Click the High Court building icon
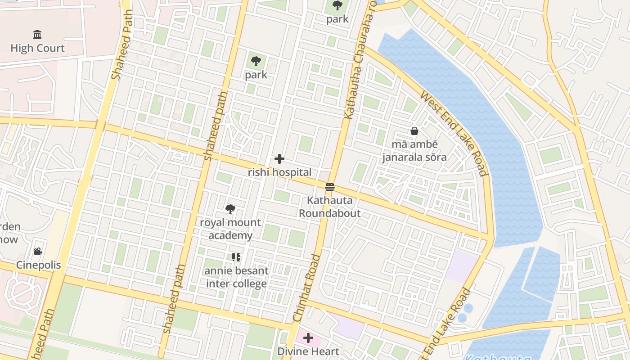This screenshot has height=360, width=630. pos(37,35)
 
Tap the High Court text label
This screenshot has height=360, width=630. pos(37,48)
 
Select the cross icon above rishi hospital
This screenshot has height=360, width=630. pos(279,159)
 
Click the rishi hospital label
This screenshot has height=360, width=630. pos(279,172)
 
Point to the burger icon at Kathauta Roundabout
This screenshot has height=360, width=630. pos(330,187)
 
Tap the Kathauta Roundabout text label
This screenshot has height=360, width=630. pos(330,207)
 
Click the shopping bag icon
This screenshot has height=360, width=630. pos(414,131)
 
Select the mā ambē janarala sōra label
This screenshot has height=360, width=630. pos(414,151)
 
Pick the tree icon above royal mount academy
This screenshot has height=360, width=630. pos(230,209)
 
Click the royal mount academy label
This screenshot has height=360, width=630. pos(230,229)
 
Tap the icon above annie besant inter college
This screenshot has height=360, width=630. pos(236,257)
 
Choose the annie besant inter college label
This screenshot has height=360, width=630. pos(236,277)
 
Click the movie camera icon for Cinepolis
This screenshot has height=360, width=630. pos(38,251)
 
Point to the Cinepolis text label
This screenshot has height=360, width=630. pos(38,265)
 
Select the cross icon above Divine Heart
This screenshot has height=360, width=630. pos(308,338)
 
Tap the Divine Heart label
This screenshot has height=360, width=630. pos(308,351)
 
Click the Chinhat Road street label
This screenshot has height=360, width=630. pos(306,288)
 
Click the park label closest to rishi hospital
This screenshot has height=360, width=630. pos(256,75)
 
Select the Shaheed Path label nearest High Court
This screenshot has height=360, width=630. pos(122,45)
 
